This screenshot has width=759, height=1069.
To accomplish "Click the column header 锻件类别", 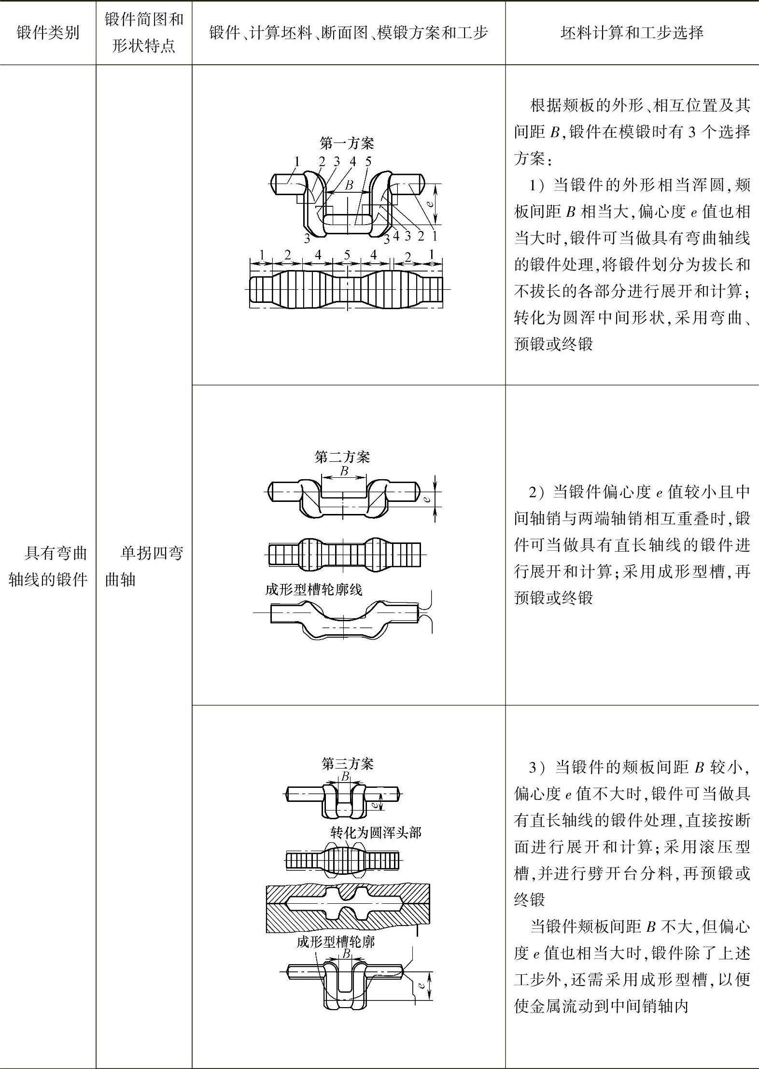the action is click(x=48, y=33).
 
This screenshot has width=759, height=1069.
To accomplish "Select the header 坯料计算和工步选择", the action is click(x=632, y=33).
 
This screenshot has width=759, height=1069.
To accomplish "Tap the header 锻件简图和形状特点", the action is click(x=144, y=33).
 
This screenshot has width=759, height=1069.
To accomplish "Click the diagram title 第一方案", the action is click(x=347, y=143).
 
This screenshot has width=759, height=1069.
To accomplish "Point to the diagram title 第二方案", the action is click(x=342, y=457).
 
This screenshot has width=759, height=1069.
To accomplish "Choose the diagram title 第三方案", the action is click(x=348, y=764).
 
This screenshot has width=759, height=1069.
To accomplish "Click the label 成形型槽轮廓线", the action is click(x=313, y=590).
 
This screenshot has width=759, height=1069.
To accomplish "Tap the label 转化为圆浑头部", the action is click(x=376, y=832).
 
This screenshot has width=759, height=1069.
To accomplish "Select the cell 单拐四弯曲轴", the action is click(x=144, y=566).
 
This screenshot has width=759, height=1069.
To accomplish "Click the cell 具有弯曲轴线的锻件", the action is click(x=48, y=566).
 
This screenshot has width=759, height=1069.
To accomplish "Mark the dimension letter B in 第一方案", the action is click(x=349, y=185).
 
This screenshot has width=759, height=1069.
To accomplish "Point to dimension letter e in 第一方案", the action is click(x=429, y=205).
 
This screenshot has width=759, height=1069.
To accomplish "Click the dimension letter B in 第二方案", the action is click(x=344, y=471).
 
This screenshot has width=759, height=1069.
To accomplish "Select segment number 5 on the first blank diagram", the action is click(x=347, y=255).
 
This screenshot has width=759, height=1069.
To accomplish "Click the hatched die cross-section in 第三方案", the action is click(x=348, y=908).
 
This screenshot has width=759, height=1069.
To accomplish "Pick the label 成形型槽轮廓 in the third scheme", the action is click(x=336, y=941).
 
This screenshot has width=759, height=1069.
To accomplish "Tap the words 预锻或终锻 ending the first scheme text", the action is click(x=553, y=344).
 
